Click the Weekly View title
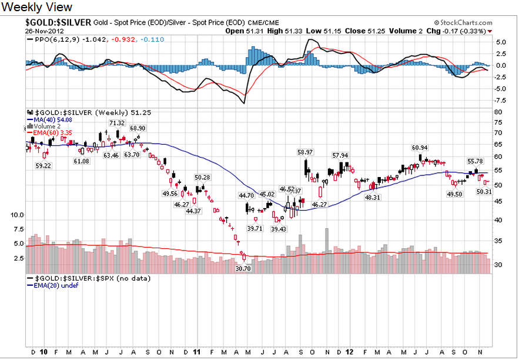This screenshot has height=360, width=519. (x=38, y=7)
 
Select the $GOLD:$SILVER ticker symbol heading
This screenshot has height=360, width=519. (x=58, y=22)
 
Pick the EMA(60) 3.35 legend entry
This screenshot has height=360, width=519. (x=49, y=134)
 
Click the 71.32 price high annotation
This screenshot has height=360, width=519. (x=117, y=123)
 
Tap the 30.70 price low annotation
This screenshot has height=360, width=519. (x=243, y=268)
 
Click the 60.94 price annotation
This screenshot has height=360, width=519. (x=420, y=148)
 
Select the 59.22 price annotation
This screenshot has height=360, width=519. (x=43, y=166)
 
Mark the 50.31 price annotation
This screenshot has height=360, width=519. (x=484, y=192)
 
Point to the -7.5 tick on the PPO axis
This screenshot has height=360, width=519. (x=500, y=99)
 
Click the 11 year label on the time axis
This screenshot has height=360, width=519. (x=196, y=352)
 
